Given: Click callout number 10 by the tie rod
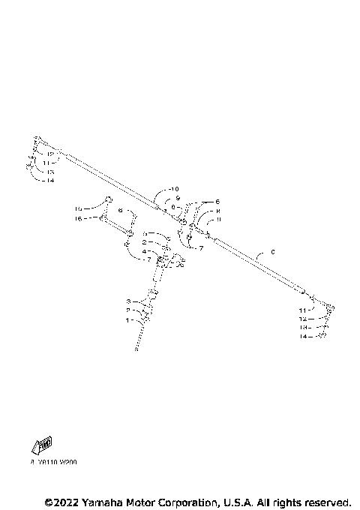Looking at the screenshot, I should (175, 188).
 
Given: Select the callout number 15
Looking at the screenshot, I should (77, 208).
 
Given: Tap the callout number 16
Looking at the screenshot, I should (77, 218).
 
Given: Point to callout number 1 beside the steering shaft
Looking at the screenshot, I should (128, 319).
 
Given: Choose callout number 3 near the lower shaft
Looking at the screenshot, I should (128, 301).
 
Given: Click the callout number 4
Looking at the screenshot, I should (144, 251).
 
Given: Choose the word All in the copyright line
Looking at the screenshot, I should (265, 501).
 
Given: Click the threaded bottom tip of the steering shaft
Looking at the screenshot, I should (138, 346).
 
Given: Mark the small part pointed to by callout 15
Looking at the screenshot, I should (109, 199).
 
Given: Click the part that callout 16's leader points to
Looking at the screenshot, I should (102, 218).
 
